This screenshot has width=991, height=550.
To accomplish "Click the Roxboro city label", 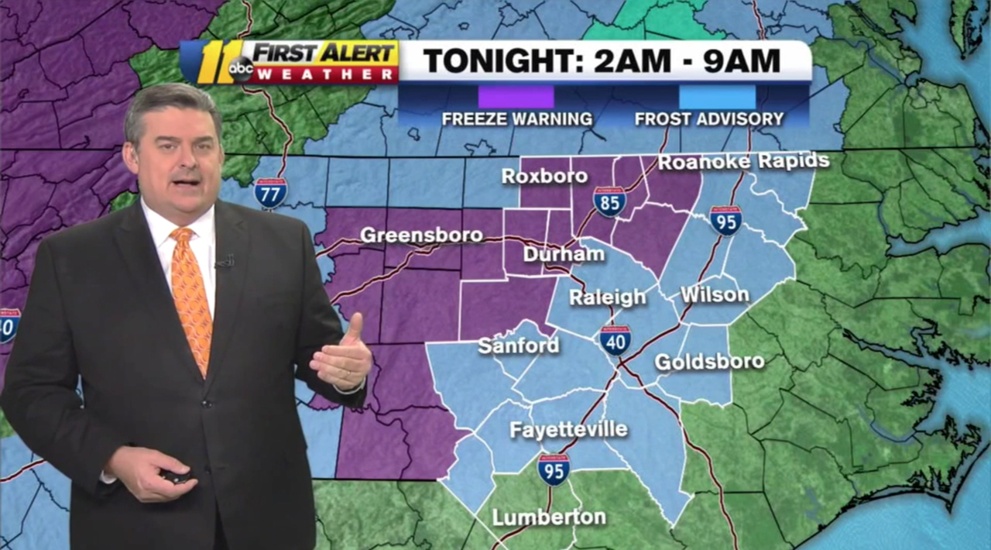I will pyautogui.click(x=544, y=176).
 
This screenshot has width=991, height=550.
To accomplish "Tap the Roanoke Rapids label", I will pyautogui.click(x=743, y=162).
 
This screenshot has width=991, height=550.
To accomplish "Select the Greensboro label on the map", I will pyautogui.click(x=421, y=235).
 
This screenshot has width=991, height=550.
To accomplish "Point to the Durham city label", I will pyautogui.click(x=563, y=254).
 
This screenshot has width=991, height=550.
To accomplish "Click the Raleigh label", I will pyautogui.click(x=607, y=297).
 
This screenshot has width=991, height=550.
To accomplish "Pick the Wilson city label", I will pyautogui.click(x=715, y=294).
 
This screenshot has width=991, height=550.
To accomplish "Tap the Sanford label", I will pyautogui.click(x=518, y=345).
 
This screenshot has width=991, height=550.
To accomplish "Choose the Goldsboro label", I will pyautogui.click(x=709, y=361).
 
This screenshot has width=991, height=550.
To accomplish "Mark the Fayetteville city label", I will pyautogui.click(x=568, y=429).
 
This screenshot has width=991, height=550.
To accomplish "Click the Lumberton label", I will pyautogui.click(x=549, y=517).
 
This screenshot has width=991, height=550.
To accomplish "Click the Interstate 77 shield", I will pyautogui.click(x=270, y=192).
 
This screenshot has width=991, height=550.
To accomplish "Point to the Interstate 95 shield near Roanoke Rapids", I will pyautogui.click(x=725, y=220).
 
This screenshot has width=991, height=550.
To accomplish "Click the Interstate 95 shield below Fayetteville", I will pyautogui.click(x=554, y=469).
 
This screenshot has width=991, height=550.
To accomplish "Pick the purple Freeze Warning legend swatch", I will pyautogui.click(x=516, y=97).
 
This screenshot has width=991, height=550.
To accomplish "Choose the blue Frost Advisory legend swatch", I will pyautogui.click(x=717, y=97).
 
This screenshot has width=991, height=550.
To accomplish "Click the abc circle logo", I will pyautogui.click(x=241, y=70).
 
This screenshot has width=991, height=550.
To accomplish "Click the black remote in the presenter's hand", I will pyautogui.click(x=177, y=476).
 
